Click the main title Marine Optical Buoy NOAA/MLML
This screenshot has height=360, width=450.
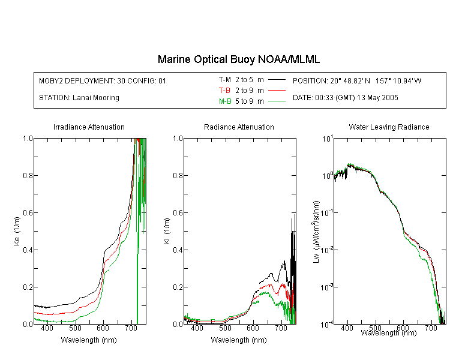238,59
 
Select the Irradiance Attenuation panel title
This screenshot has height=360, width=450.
89,127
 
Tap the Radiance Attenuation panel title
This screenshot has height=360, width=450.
239,127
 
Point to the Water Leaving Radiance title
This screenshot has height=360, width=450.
389,127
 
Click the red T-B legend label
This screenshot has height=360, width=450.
224,91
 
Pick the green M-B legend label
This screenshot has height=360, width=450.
225,101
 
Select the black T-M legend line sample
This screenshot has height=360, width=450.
277,80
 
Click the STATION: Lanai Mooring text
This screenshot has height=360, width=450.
79,98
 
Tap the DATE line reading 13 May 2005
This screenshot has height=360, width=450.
345,98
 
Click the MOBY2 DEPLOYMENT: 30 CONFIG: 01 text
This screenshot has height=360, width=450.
103,80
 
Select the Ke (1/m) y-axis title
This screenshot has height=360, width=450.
17,231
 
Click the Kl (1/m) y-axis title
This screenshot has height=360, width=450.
167,231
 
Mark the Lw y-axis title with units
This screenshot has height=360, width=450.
316,232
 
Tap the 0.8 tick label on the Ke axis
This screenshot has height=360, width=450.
28,175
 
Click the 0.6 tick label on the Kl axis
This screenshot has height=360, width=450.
178,213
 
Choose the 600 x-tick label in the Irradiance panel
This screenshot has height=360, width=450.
103,328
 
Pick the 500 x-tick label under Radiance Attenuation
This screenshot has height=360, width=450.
225,328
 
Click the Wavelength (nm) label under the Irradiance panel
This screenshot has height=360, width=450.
89,340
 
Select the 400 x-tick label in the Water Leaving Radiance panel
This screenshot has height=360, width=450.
347,328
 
